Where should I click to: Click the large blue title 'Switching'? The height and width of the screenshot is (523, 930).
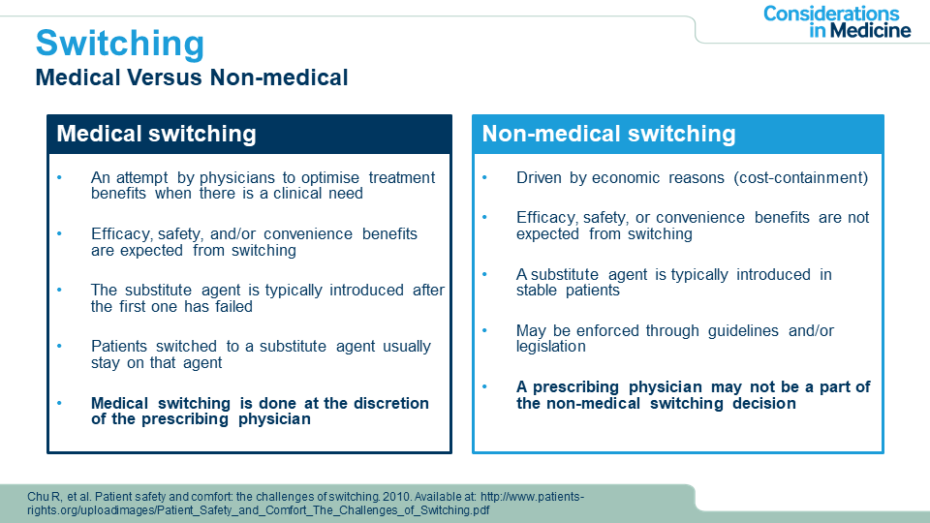[120, 44]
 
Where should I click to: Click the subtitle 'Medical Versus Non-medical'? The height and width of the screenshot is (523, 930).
[192, 77]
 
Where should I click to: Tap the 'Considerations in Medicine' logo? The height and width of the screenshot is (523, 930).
[837, 22]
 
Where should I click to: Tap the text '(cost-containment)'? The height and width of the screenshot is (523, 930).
[801, 178]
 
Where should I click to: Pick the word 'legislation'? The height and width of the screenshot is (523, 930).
[551, 347]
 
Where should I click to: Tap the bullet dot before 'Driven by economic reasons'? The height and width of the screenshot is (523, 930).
[484, 177]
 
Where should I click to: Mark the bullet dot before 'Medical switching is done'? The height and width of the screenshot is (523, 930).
[59, 403]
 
